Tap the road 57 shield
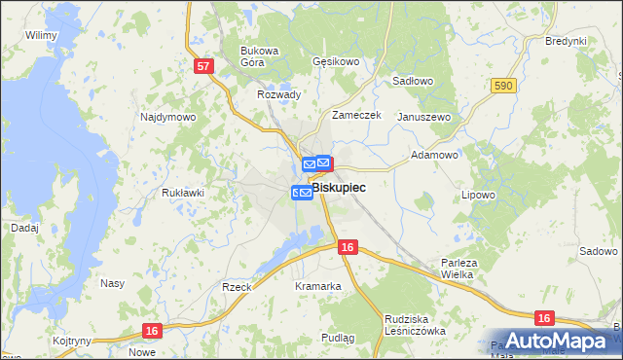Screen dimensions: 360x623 coord(202,66)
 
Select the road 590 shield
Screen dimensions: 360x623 coord(502,87)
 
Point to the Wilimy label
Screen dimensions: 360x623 coord(42,35)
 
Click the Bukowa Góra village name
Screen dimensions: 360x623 coord(260,55)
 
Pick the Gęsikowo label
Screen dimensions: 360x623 coord(337,61)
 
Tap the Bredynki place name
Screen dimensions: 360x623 coord(566,41)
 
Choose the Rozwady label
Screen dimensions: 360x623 coord(278,94)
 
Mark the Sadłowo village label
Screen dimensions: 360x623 coord(412,83)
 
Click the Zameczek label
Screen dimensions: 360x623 coord(355,115)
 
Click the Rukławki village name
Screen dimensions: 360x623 coord(182,193)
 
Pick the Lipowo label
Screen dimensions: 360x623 coord(479,195)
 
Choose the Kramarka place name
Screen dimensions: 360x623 coord(318,286)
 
